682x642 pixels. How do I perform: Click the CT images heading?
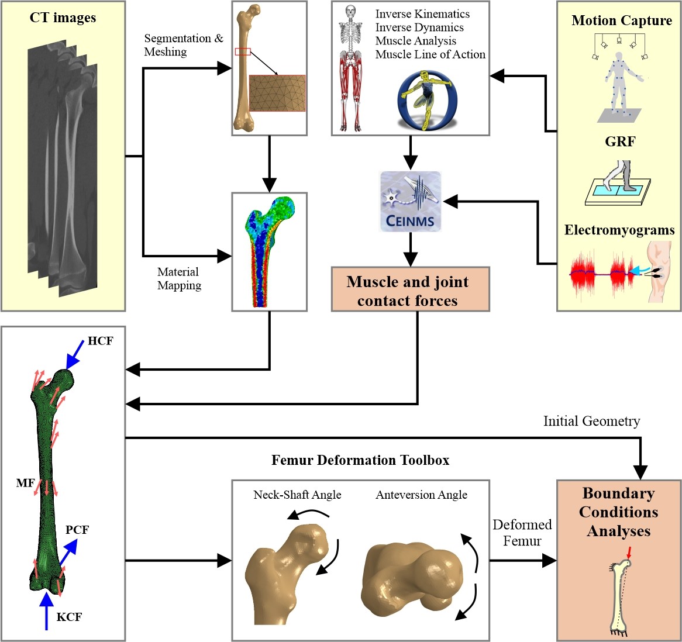[x=63, y=18]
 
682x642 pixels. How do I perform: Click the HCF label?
[x=100, y=341]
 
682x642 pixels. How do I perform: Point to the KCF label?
[x=69, y=617]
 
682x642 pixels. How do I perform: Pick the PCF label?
[x=77, y=530]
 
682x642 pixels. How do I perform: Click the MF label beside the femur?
[x=25, y=483]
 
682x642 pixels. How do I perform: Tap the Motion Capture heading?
[x=621, y=20]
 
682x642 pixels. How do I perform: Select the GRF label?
[x=620, y=141]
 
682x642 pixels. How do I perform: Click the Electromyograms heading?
[x=619, y=230]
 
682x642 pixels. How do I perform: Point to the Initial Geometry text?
[x=591, y=421]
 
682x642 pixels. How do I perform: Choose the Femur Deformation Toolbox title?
[x=360, y=460]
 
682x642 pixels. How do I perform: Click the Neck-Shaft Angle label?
[x=297, y=495]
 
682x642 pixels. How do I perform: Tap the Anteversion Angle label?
[x=421, y=495]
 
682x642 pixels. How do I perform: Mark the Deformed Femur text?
[x=522, y=533]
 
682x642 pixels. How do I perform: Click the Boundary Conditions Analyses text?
[x=618, y=512]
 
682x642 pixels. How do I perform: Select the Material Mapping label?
[x=179, y=279]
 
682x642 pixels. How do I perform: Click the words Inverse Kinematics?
[x=422, y=13]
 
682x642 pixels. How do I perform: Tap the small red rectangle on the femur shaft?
[x=243, y=52]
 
